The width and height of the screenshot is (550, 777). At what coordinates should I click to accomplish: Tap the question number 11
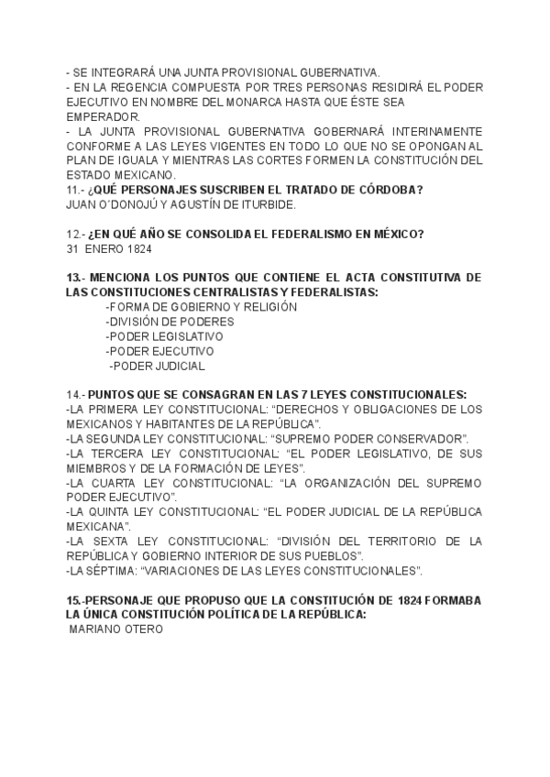coord(75,190)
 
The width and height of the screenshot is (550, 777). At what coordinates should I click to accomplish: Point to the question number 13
coord(76,278)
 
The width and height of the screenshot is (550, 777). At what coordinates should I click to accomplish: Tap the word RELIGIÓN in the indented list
coord(270,307)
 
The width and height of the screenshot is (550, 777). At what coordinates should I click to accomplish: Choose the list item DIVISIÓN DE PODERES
coord(170,322)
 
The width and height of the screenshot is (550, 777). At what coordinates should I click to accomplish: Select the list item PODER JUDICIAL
coord(158,366)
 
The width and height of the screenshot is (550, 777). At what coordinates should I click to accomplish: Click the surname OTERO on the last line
coord(143,629)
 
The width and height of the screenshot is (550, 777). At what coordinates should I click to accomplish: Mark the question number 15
coord(75,600)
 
